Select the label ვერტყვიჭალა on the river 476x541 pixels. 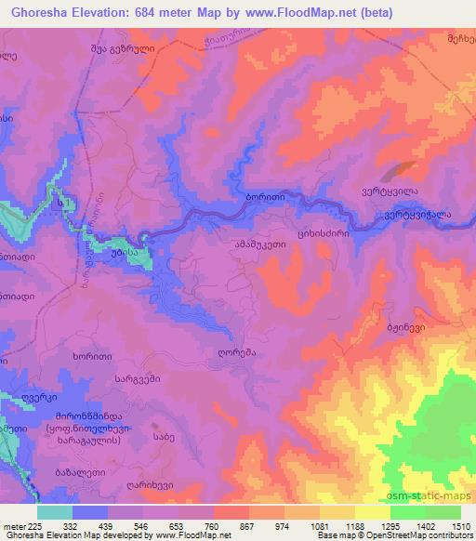pyautogui.click(x=417, y=213)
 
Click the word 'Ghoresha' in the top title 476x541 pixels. pyautogui.click(x=39, y=13)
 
